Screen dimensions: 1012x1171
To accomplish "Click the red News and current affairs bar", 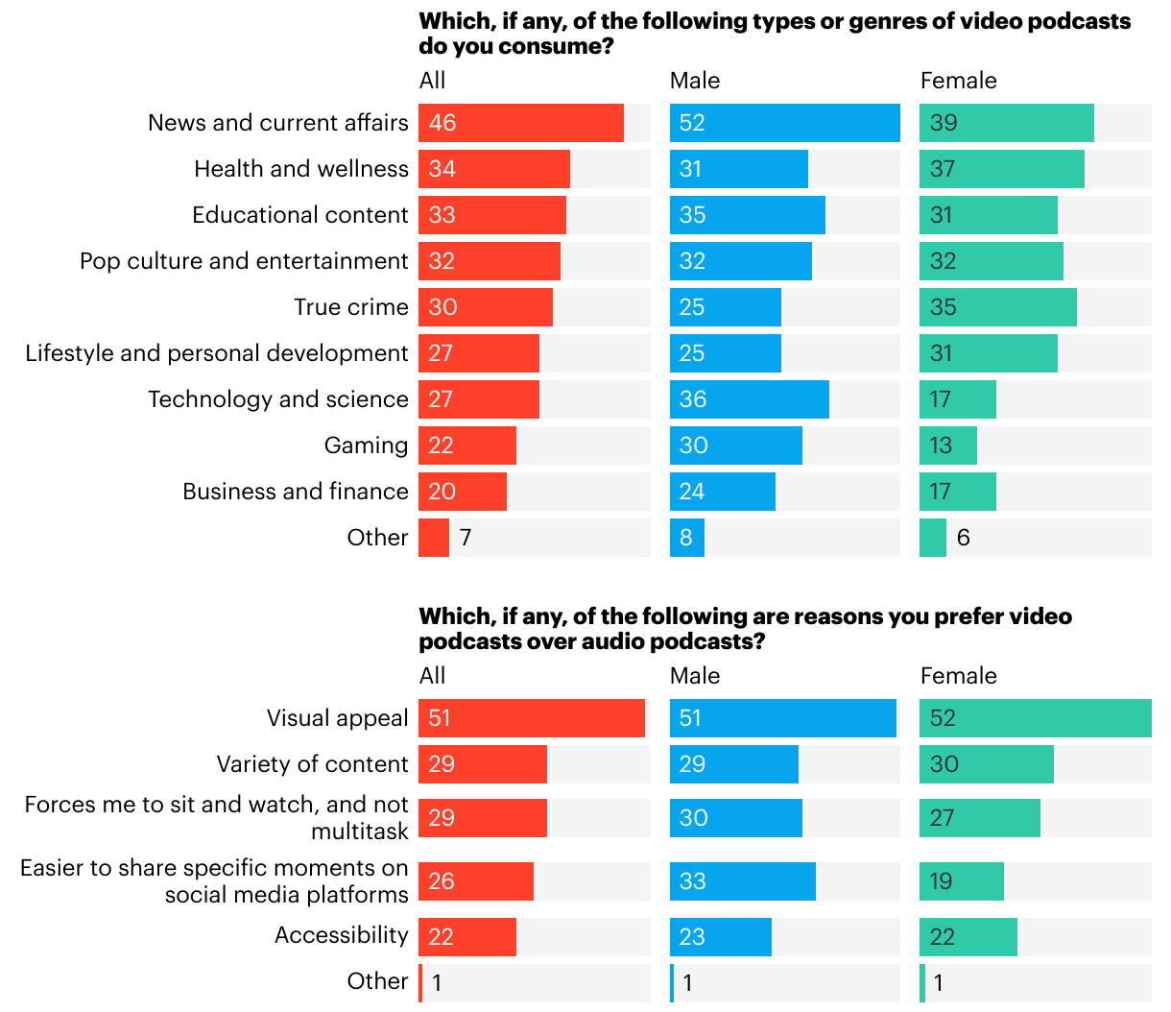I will [521, 123].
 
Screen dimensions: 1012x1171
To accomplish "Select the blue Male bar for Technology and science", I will [750, 399].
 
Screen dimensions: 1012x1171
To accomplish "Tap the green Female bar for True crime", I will [998, 307].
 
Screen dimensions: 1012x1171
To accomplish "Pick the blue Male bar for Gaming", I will [736, 446].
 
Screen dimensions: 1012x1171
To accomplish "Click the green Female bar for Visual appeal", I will [1036, 718].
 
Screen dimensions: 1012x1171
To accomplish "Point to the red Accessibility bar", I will [467, 937].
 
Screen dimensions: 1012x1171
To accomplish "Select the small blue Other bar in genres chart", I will [687, 538].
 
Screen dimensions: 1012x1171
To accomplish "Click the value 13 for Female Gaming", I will [941, 446].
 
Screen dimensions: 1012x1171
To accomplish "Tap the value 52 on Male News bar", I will [692, 123].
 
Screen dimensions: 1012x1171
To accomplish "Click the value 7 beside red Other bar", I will [466, 538].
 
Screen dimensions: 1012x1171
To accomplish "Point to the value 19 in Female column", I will [941, 881].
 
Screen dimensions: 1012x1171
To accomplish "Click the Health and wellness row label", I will [301, 169].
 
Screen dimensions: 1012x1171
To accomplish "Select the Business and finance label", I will [296, 492].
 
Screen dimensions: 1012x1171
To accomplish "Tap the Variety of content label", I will [312, 764].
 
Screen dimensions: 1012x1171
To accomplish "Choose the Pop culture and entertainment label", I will [244, 261].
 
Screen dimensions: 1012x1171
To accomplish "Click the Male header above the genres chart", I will [695, 81].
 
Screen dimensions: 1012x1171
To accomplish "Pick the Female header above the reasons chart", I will [958, 676].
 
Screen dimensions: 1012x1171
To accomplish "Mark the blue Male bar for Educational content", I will [748, 215].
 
